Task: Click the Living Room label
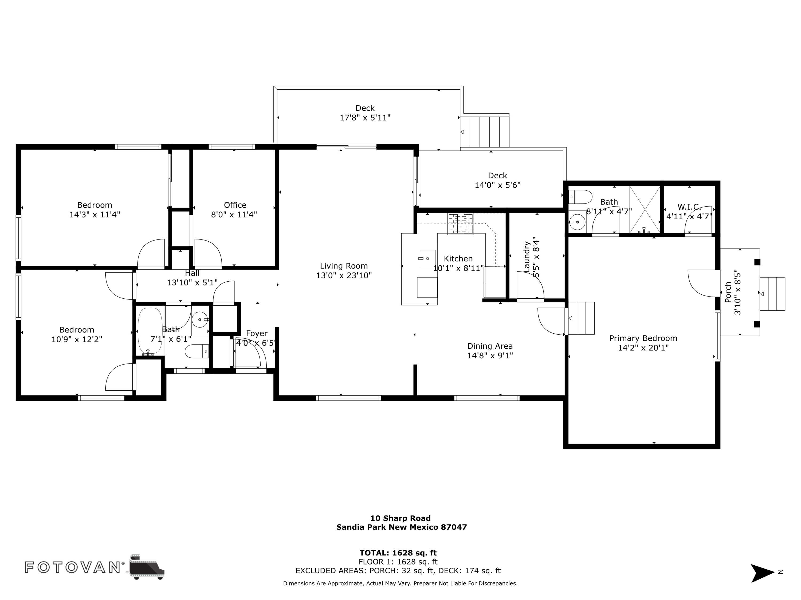tap(343, 266)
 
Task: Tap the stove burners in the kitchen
tap(460, 224)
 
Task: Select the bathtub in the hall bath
tap(150, 331)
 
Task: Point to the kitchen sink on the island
tap(427, 258)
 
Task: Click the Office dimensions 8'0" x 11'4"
tap(234, 214)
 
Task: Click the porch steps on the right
tap(772, 294)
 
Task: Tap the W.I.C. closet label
tap(689, 207)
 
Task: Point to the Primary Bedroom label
tap(643, 338)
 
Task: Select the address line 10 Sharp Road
tap(400, 518)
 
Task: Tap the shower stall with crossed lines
tap(645, 210)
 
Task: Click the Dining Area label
tap(490, 346)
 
